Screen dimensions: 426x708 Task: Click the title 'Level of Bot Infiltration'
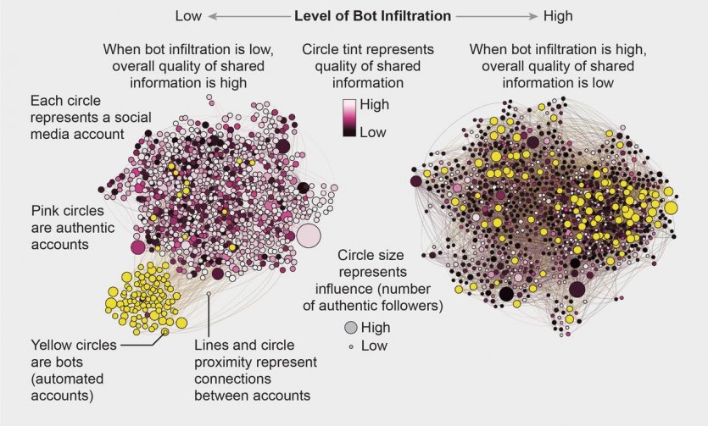click(x=371, y=15)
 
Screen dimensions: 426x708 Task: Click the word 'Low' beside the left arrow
click(x=187, y=15)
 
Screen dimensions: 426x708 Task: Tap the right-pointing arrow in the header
click(x=496, y=16)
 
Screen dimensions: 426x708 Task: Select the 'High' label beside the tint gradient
click(x=375, y=107)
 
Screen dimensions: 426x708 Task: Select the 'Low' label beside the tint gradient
click(x=374, y=131)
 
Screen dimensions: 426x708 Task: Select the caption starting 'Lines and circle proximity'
click(x=254, y=370)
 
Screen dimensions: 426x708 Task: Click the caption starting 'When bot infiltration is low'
click(x=186, y=65)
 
